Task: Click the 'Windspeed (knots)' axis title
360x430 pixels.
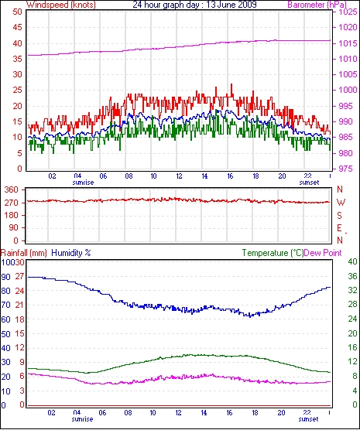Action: pos(61,5)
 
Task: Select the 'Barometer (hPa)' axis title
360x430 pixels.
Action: pos(317,5)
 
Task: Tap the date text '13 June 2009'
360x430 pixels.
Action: pos(229,4)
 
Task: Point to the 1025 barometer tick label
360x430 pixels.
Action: pos(348,12)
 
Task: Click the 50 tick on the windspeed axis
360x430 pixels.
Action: pos(17,12)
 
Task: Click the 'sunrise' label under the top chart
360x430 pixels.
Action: pos(83,183)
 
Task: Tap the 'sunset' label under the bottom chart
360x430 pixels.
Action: pos(308,419)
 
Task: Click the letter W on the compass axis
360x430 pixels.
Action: pos(341,203)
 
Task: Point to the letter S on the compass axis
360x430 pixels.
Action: pos(340,216)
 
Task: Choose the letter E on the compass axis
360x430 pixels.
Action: pos(340,228)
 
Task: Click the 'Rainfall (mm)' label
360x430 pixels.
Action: pos(24,253)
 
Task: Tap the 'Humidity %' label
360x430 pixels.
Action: pos(71,253)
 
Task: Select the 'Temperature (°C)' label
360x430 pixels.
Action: pos(273,253)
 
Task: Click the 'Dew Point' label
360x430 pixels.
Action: pos(323,253)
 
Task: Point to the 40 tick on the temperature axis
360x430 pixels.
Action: pos(352,261)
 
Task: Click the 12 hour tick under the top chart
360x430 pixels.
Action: pos(179,176)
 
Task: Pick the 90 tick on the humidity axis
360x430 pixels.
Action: pos(5,277)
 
